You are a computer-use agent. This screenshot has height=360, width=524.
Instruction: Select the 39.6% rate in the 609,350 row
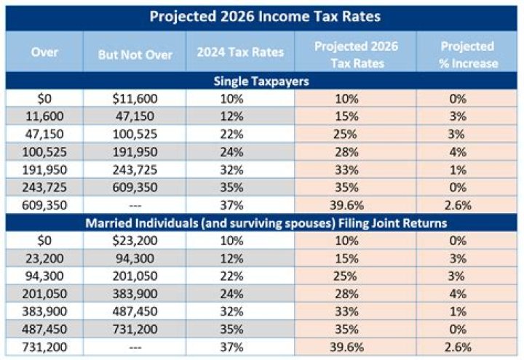tap(355, 204)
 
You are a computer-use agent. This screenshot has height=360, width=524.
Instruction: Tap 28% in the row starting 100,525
tap(355, 151)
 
